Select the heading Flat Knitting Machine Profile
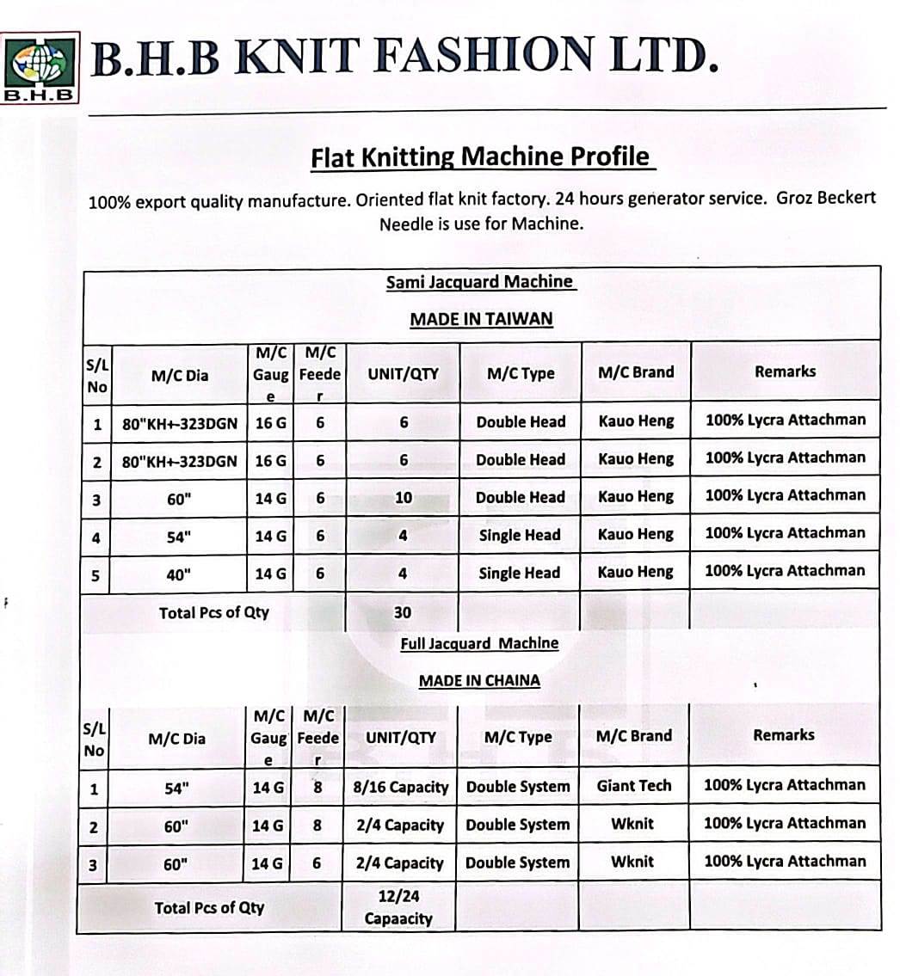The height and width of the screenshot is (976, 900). click(482, 157)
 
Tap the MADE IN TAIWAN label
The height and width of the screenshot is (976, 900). click(481, 319)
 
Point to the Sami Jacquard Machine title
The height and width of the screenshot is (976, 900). click(480, 282)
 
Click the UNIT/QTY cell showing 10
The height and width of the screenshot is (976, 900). click(403, 497)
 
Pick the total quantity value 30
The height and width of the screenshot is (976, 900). click(402, 612)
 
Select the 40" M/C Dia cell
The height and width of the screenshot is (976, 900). click(178, 574)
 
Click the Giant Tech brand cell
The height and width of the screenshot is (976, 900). click(633, 785)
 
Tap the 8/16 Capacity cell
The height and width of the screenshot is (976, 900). click(402, 787)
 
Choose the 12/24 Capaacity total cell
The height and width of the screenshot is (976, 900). click(398, 907)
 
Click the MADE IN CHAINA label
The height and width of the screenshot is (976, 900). click(479, 680)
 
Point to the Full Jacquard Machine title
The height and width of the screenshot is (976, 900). click(479, 643)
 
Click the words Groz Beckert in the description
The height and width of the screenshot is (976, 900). click(826, 198)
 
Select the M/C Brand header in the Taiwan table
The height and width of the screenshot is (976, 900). click(635, 372)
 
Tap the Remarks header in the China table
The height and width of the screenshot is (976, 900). click(783, 735)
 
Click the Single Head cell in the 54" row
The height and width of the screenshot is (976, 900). click(519, 535)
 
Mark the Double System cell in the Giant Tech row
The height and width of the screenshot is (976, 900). click(517, 787)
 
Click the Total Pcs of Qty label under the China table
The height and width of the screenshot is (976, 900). click(209, 907)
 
